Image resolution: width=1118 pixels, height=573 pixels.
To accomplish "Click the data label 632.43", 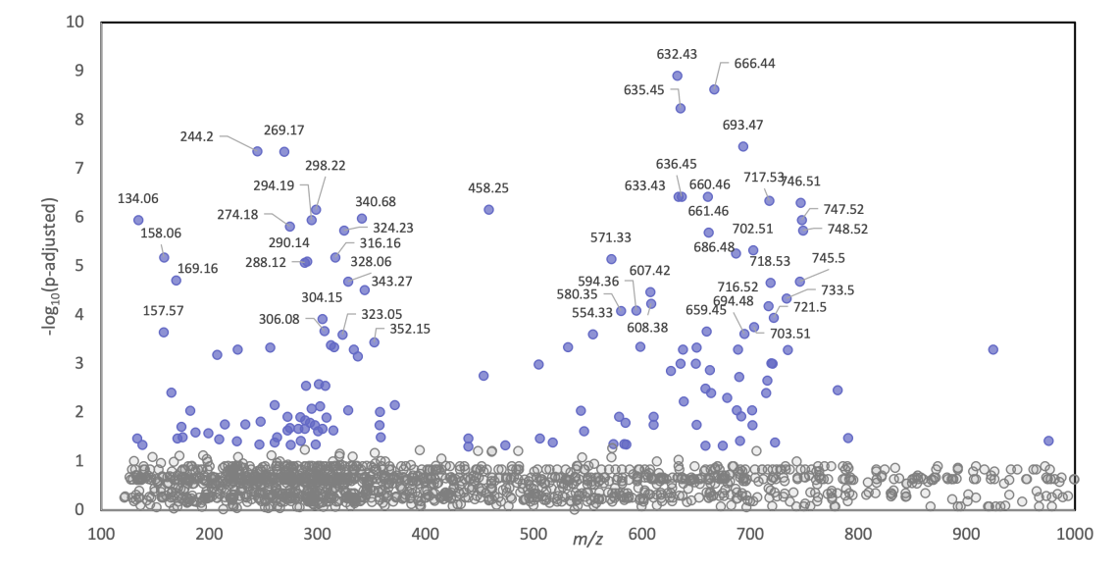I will pos(677,55).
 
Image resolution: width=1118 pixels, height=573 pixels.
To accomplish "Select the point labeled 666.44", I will pos(714,89).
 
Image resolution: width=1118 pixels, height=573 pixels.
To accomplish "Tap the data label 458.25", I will pos(488,187).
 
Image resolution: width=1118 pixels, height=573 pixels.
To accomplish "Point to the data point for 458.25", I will pos(488,209).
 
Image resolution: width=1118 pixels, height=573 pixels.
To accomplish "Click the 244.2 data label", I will pos(196,137).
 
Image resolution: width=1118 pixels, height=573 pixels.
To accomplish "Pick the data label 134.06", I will pos(137,199).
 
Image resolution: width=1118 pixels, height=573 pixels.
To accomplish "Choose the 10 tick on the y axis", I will pos(75,22).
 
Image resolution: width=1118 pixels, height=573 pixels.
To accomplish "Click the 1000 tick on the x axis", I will pos(1075,534).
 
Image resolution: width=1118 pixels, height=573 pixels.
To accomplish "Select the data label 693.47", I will pos(742,126).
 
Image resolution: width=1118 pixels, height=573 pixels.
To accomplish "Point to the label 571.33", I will pos(611,237).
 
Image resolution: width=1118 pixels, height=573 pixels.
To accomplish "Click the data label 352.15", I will pos(410,329).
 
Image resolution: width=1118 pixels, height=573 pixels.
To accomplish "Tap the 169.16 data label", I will pos(197,268).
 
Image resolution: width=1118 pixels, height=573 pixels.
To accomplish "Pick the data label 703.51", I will pos(789,334).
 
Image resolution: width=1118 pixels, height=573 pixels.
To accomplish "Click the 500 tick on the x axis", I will pos(534,534).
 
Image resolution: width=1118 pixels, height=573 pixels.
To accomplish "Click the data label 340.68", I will pos(375,202).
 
